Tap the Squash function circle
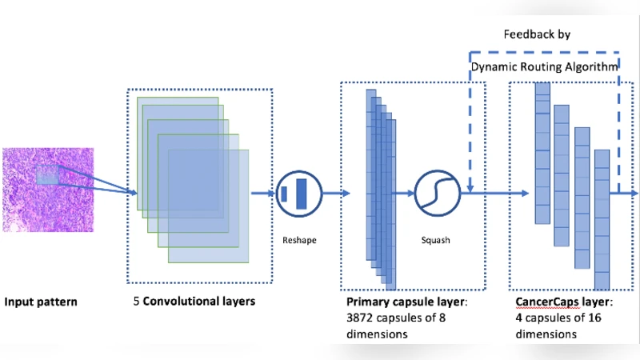pyautogui.click(x=437, y=193)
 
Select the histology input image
pyautogui.click(x=47, y=190)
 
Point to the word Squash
pyautogui.click(x=436, y=238)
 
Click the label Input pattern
pyautogui.click(x=41, y=302)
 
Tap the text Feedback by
pyautogui.click(x=536, y=35)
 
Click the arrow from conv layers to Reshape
pyautogui.click(x=262, y=193)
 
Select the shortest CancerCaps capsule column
pyautogui.click(x=602, y=218)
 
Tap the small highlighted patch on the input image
pyautogui.click(x=48, y=174)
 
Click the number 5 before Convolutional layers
pyautogui.click(x=138, y=302)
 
